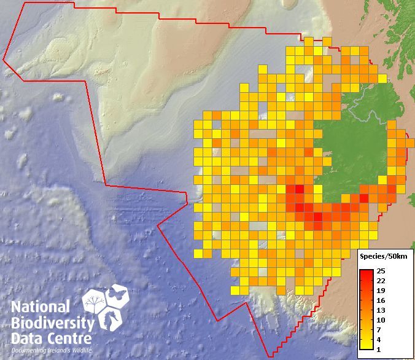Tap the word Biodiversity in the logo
pyautogui.click(x=52, y=323)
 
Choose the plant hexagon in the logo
pyautogui.click(x=96, y=304)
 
